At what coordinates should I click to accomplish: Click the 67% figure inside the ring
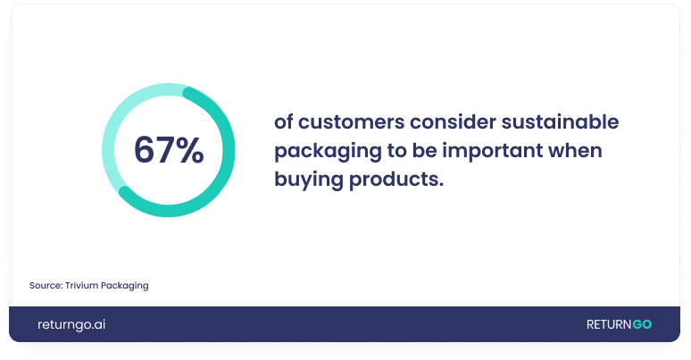click(x=169, y=150)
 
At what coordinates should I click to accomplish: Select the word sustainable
click(x=560, y=121)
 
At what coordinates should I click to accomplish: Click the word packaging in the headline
click(x=328, y=151)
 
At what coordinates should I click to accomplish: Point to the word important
click(x=493, y=151)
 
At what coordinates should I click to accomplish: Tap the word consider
click(x=453, y=121)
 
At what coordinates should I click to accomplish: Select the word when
click(x=575, y=150)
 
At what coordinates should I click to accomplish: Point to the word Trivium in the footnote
click(x=81, y=286)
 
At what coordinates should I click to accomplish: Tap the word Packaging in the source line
click(x=125, y=286)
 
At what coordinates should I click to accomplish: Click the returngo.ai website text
click(x=71, y=324)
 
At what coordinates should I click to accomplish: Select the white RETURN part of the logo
click(x=609, y=324)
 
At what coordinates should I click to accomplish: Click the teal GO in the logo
click(x=642, y=324)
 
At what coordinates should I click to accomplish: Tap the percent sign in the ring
click(x=189, y=150)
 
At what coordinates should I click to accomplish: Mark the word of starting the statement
click(x=283, y=121)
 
